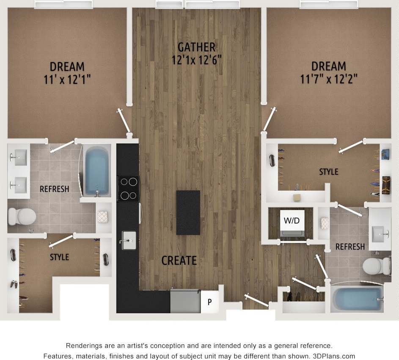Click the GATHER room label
(196, 47)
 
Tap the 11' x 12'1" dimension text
(67, 79)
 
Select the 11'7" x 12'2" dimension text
(329, 79)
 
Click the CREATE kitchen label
(179, 260)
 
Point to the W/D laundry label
(292, 221)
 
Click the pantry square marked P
(209, 302)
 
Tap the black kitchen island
(188, 212)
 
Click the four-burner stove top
(128, 188)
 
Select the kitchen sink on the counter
(128, 240)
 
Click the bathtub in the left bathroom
(96, 170)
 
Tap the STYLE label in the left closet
(59, 257)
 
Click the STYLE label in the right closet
(329, 172)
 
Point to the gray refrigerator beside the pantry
(185, 301)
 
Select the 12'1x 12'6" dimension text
(196, 60)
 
